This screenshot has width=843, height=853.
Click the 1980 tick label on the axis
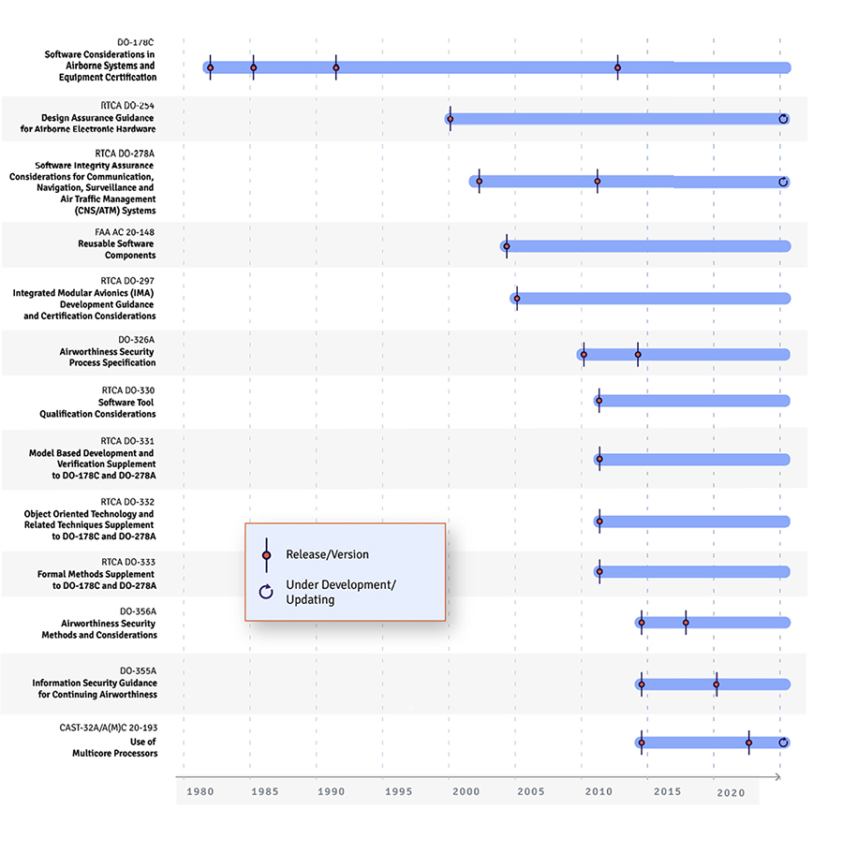(x=200, y=792)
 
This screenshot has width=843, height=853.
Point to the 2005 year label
(x=530, y=792)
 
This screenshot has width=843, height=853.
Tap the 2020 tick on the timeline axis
(x=731, y=792)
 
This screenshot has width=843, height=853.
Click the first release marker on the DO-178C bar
(x=211, y=67)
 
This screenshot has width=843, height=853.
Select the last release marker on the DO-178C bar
(x=617, y=67)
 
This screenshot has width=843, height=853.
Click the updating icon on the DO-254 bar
(x=783, y=119)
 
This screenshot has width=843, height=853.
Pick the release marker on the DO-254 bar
(x=451, y=119)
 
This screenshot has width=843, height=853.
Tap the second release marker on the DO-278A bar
(x=597, y=181)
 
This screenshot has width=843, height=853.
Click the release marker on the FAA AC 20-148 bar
(x=507, y=246)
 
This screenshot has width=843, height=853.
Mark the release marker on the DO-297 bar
(x=517, y=299)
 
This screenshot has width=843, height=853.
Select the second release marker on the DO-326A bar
(x=638, y=355)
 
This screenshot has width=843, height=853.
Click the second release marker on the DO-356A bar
(x=686, y=623)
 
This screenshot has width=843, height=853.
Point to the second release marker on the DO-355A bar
(x=717, y=684)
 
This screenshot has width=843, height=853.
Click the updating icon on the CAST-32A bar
(x=784, y=743)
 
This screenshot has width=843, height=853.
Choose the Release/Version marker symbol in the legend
(x=267, y=554)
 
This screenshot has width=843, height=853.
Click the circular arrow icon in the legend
(x=266, y=591)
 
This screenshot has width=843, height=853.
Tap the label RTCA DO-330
(x=127, y=390)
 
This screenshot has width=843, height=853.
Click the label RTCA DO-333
(x=127, y=561)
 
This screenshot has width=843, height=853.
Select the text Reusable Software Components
(x=117, y=249)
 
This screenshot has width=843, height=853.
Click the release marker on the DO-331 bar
(x=599, y=459)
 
